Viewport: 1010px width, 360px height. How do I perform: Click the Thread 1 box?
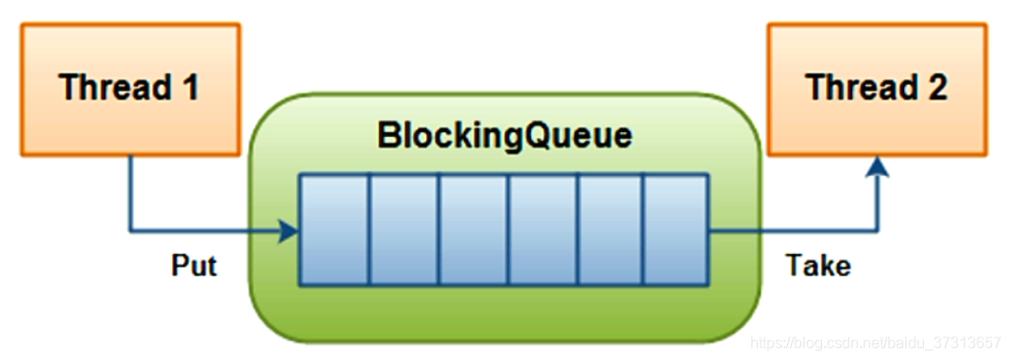[x=129, y=89]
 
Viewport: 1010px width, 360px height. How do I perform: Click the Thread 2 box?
[x=877, y=89]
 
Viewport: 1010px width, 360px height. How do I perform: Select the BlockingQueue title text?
[x=505, y=135]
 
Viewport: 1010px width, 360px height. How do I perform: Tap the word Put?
[x=194, y=266]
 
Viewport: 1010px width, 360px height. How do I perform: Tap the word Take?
[x=818, y=266]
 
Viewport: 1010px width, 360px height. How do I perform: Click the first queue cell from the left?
[x=334, y=229]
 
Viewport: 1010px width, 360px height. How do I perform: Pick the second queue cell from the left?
[x=403, y=229]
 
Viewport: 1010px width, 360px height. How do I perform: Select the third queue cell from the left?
[x=473, y=229]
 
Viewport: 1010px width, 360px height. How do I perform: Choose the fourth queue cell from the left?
[x=543, y=229]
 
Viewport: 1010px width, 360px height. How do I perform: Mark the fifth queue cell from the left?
[x=610, y=229]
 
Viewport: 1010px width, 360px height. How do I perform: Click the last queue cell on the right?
[x=676, y=229]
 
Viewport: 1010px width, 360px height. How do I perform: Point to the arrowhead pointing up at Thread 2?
[x=879, y=166]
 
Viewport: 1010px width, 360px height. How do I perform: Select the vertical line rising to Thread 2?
[x=879, y=203]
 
